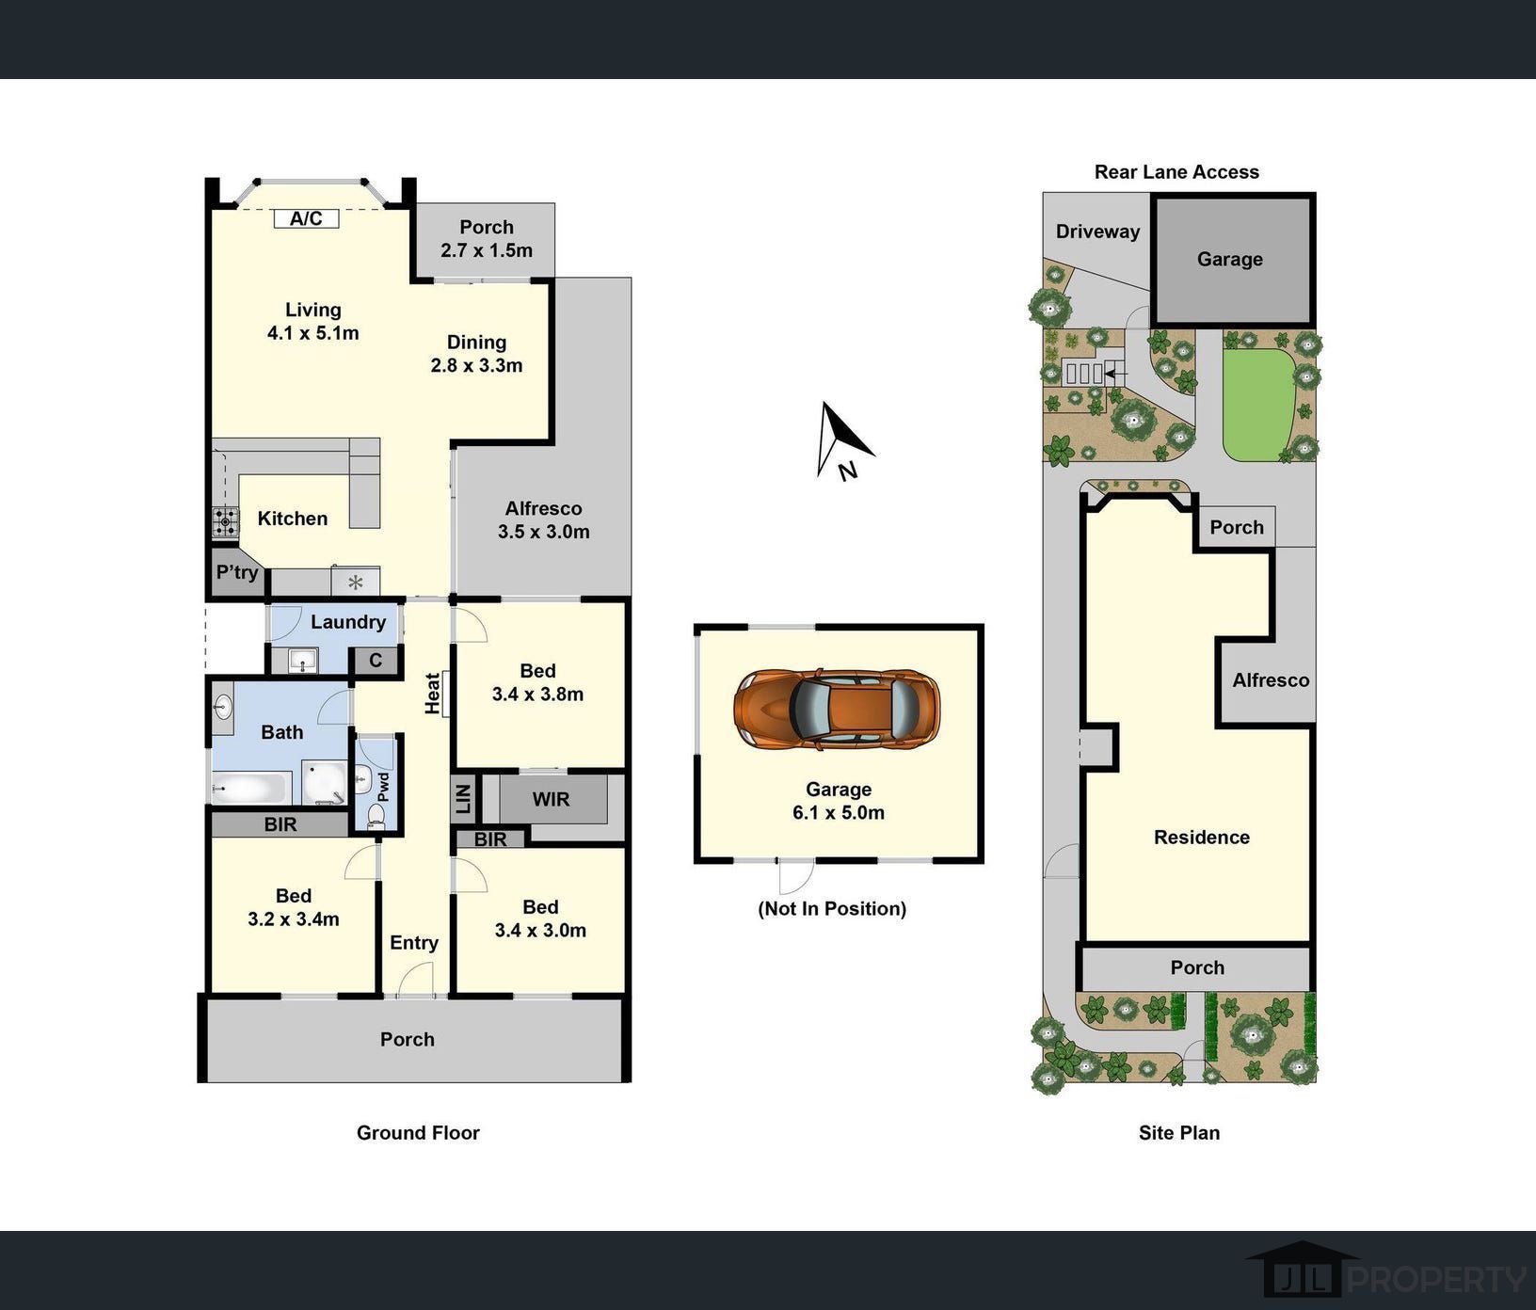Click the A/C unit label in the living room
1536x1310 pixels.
point(306,218)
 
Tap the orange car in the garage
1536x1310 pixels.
point(837,709)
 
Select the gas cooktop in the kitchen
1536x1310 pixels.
point(225,521)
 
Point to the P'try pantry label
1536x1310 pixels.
point(237,572)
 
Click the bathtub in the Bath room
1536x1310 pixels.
point(251,788)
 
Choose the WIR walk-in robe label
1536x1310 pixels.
point(551,800)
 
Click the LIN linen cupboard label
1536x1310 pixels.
point(463,799)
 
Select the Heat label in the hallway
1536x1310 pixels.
point(433,693)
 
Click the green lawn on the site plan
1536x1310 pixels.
point(1258,405)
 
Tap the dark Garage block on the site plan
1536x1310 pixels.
point(1232,260)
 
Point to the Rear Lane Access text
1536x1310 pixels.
point(1176,172)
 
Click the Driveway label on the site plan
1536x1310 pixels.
point(1097,232)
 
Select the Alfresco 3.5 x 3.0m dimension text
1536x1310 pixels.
point(544,532)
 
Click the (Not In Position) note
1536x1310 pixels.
point(832,908)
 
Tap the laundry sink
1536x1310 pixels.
point(303,661)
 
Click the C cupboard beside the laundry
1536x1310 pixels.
point(376,660)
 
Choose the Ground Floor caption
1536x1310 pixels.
point(418,1133)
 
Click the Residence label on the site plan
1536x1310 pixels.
point(1202,838)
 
